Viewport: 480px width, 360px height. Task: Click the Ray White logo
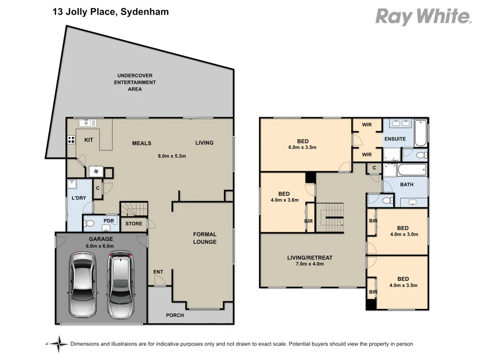point(423,17)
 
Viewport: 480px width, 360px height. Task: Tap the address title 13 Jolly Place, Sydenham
point(111,12)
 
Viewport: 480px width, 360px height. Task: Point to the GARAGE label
point(101,239)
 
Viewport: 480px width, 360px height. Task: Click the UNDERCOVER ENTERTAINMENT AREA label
point(135,82)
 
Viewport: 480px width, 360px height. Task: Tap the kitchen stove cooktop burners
point(72,139)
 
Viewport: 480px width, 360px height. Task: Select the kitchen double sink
point(88,123)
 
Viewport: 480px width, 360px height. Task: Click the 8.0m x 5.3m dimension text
point(172,156)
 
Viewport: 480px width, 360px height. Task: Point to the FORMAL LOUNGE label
point(205,238)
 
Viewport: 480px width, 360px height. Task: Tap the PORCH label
point(175,315)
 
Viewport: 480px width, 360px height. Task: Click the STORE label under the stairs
point(134,224)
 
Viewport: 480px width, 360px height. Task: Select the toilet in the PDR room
point(90,224)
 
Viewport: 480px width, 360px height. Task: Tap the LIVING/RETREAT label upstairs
point(309,257)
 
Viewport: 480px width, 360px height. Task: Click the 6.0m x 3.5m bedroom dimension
point(302,147)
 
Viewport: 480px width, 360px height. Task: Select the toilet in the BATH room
point(388,200)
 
